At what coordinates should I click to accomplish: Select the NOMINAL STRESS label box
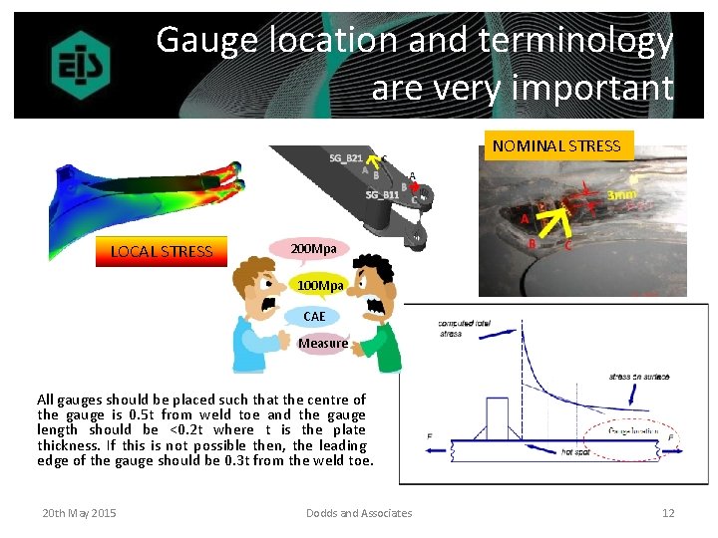pyautogui.click(x=556, y=145)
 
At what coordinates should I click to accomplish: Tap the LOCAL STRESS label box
pyautogui.click(x=162, y=251)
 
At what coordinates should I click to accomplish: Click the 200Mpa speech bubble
pyautogui.click(x=312, y=247)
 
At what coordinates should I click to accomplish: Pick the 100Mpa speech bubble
pyautogui.click(x=319, y=286)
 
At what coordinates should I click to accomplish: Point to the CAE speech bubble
pyautogui.click(x=314, y=316)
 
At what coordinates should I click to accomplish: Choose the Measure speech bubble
pyautogui.click(x=323, y=343)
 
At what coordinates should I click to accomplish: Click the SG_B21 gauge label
pyautogui.click(x=346, y=158)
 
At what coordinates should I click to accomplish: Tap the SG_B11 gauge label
pyautogui.click(x=382, y=194)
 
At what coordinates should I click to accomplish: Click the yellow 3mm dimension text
pyautogui.click(x=623, y=196)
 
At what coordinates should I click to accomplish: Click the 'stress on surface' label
pyautogui.click(x=638, y=377)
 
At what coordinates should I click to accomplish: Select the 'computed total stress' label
pyautogui.click(x=464, y=329)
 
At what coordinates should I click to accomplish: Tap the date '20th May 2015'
pyautogui.click(x=79, y=513)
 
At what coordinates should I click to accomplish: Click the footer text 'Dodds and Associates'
pyautogui.click(x=359, y=513)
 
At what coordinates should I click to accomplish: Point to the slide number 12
pyautogui.click(x=668, y=513)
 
